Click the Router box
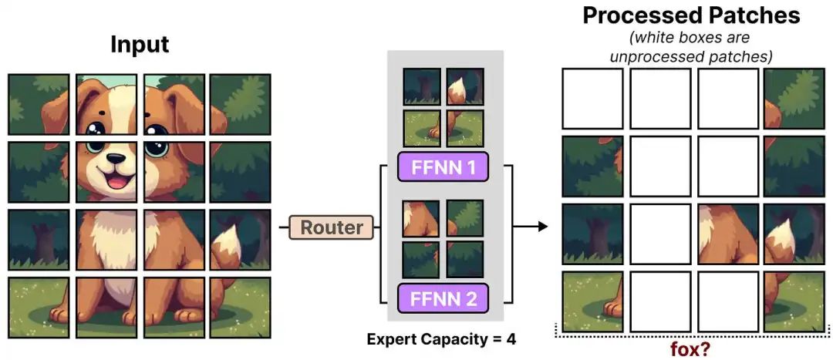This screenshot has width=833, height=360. point(331,227)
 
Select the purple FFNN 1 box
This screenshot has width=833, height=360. point(443,167)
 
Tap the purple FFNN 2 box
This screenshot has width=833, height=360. point(443,298)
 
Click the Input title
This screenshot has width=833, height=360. point(140,45)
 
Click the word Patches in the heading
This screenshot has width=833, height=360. point(751,15)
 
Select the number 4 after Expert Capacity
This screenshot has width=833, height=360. point(511,338)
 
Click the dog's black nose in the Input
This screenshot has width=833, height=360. point(116,159)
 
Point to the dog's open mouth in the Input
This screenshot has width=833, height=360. point(117,180)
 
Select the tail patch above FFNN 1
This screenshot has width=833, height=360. point(465,86)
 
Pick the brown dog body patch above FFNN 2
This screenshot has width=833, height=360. point(421,218)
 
